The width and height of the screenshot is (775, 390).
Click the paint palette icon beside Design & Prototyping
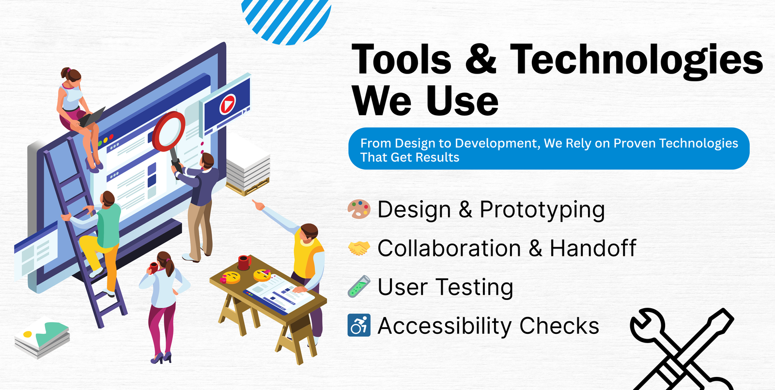pos(359,209)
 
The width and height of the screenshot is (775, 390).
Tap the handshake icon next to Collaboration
pos(359,248)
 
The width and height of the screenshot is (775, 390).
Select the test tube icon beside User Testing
pos(359,286)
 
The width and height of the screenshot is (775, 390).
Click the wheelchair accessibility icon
pos(359,325)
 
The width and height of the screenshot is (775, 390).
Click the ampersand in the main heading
pos(481,59)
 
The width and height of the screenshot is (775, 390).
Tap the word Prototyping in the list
pos(542,210)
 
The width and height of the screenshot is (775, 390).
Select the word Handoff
pos(593,248)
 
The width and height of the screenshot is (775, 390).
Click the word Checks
pos(559,326)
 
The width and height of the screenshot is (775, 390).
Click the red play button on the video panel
pos(228,104)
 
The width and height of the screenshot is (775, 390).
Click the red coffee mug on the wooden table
pos(244,262)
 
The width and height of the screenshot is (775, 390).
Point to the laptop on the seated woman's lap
pos(92,117)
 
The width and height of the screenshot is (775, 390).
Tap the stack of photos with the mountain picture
pos(42,338)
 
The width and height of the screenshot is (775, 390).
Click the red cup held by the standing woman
pos(153,268)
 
